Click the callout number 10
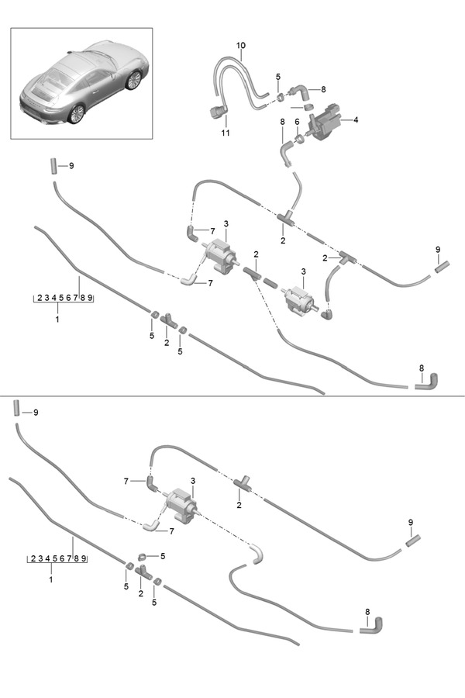240,47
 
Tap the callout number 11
226,133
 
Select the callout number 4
356,120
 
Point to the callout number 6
296,123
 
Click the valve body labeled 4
325,123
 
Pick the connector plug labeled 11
216,113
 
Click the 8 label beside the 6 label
284,122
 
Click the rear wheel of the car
76,114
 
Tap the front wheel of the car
134,79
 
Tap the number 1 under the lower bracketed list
51,579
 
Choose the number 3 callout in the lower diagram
193,481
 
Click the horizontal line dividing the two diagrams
232,396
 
